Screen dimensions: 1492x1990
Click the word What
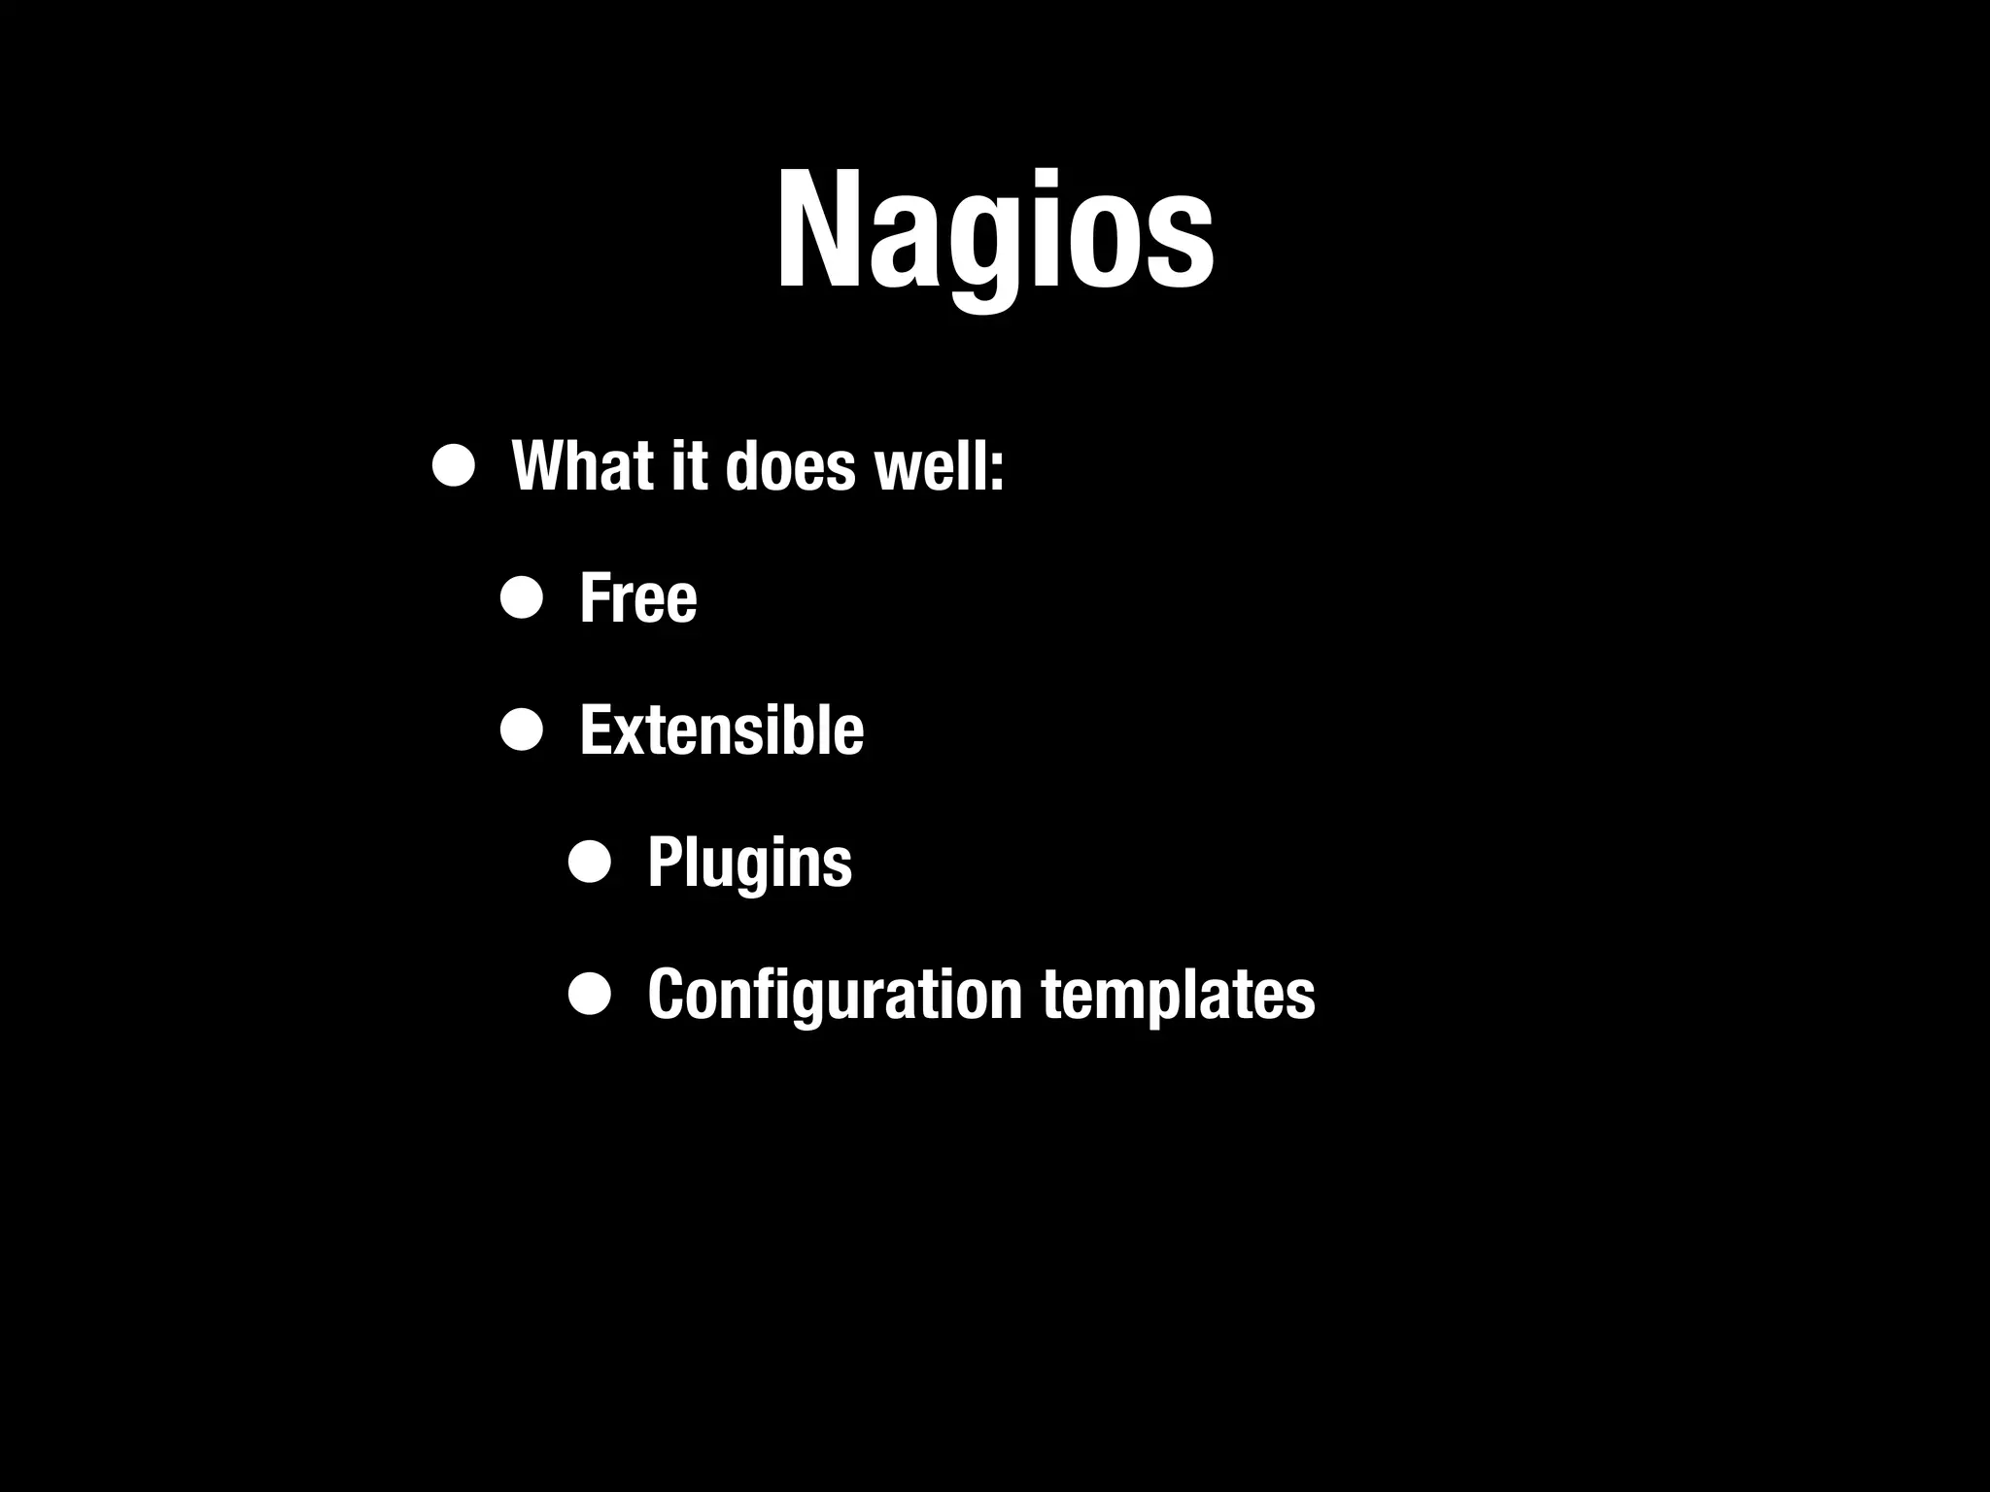click(582, 466)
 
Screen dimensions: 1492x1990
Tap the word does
click(790, 466)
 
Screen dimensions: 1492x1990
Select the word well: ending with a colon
click(939, 466)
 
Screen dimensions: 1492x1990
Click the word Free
click(637, 598)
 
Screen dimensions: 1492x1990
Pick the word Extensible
click(721, 730)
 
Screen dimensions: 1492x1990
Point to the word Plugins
click(749, 863)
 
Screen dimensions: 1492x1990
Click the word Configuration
click(834, 995)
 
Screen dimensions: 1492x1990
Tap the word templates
click(1178, 995)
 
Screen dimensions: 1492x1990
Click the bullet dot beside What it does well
click(454, 466)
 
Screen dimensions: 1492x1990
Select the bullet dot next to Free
click(522, 598)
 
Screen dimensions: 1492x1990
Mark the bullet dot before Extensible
click(522, 730)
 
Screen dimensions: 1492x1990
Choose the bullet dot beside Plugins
click(590, 862)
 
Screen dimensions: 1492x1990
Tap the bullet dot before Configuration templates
click(590, 994)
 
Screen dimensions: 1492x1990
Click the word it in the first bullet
click(688, 466)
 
